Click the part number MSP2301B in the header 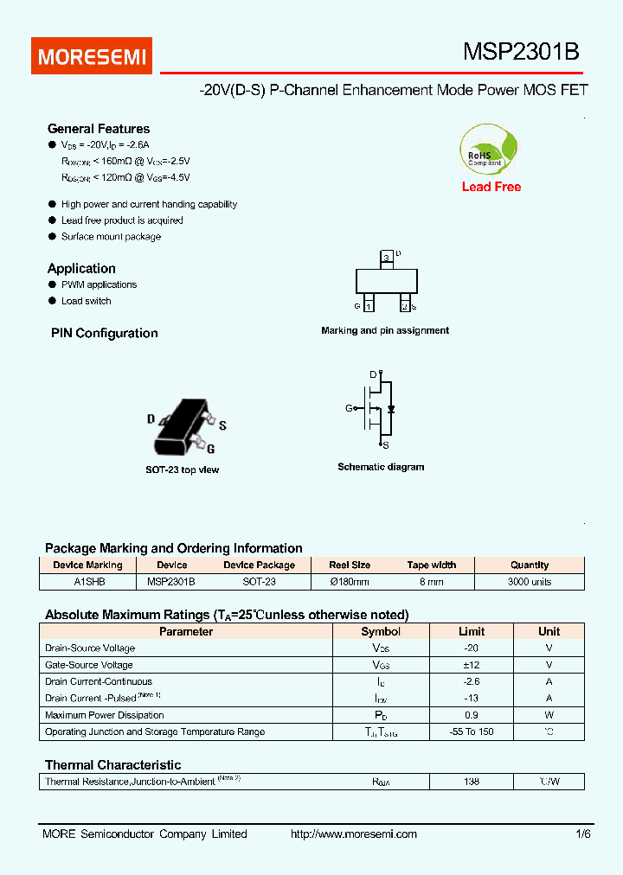[x=521, y=53]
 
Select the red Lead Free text [x=491, y=187]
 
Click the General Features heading [x=99, y=129]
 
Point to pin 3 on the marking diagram [x=386, y=259]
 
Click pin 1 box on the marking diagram [x=369, y=305]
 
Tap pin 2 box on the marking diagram [x=404, y=305]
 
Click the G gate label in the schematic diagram [x=349, y=408]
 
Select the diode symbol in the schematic [x=391, y=408]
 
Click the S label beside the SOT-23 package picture [x=222, y=425]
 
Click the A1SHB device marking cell [x=89, y=582]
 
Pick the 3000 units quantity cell [x=529, y=582]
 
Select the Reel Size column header [x=350, y=565]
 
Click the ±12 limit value [x=471, y=665]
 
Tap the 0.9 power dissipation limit [x=471, y=715]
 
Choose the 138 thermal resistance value [x=471, y=782]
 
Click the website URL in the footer [x=354, y=834]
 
